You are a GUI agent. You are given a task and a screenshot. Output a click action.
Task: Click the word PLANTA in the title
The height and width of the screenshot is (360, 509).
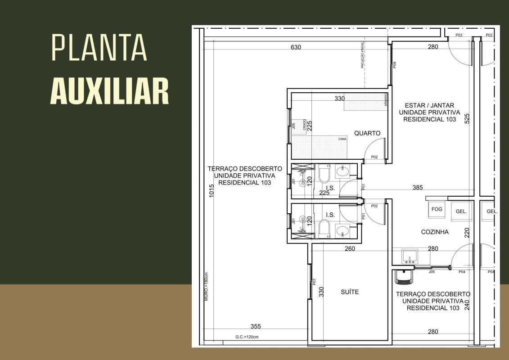pos(99,47)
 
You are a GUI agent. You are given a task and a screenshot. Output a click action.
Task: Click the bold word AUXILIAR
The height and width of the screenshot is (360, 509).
pos(109,90)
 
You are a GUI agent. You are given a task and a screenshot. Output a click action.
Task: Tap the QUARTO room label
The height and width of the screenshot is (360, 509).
pos(367,133)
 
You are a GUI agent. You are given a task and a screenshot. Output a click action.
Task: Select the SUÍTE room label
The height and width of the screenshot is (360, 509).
pos(350,292)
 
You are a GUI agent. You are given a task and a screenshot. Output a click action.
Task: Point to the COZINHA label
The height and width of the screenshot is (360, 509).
pos(435,232)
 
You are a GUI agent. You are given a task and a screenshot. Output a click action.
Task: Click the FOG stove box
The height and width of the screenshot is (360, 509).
pos(437,209)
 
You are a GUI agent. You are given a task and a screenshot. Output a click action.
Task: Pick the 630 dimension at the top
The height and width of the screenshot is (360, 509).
pos(296,47)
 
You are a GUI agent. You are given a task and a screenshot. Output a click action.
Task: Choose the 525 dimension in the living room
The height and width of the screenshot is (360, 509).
pos(467,118)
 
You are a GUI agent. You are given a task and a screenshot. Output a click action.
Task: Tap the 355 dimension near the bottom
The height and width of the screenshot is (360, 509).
pos(256,326)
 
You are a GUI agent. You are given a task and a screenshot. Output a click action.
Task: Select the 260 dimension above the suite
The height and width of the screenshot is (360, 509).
pos(350,248)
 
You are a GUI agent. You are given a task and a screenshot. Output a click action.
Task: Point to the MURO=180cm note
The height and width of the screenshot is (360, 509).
pos(207,287)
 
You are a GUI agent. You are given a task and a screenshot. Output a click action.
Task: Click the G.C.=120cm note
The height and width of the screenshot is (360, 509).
pos(247,337)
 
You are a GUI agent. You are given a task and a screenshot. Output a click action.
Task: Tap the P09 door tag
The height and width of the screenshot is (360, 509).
pos(395,64)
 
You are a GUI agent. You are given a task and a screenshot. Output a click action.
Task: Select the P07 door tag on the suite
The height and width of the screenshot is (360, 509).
pos(315,282)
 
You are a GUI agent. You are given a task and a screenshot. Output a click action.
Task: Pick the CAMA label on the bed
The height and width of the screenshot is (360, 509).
pos(342,139)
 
